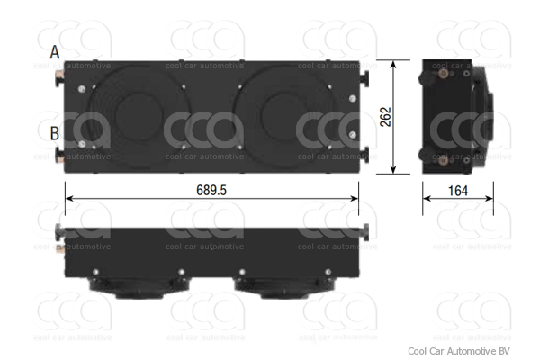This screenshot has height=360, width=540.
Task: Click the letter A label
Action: (55, 53)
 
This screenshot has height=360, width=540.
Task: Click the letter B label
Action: (54, 133)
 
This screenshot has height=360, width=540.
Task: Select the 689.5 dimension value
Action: (211, 190)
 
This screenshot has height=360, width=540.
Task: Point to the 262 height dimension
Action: (386, 117)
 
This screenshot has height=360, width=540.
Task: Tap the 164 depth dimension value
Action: (458, 191)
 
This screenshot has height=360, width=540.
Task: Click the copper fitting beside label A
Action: (59, 74)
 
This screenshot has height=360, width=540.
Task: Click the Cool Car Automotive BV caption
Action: (459, 351)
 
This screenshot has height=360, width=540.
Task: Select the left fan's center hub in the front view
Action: (139, 116)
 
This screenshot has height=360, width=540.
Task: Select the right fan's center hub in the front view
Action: (285, 116)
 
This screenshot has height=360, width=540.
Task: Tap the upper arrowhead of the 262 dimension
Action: (393, 65)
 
